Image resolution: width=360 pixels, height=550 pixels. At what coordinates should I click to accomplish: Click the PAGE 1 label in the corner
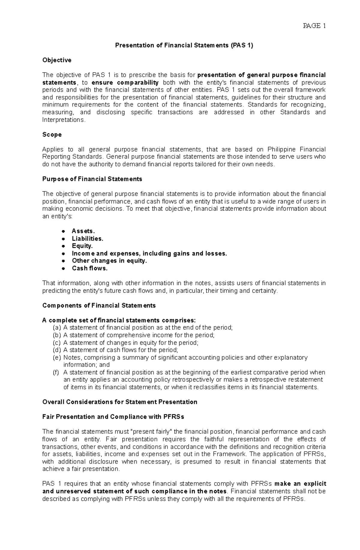coord(314,26)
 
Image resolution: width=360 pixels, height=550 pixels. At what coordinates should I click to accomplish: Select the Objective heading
coord(57,60)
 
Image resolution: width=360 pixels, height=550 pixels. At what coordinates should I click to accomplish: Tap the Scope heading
coord(52,135)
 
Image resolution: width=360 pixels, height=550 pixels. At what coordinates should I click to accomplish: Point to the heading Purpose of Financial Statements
coord(92,179)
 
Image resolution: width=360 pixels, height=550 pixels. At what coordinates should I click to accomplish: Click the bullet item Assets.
coord(83,231)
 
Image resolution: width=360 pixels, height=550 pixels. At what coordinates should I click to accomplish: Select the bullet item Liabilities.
coord(87,239)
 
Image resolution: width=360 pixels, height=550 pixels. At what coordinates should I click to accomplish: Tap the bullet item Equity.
coord(82,246)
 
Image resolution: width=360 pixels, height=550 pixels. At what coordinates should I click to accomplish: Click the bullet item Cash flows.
coord(89,268)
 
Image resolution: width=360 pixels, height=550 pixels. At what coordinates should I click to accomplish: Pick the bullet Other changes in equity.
coord(109,261)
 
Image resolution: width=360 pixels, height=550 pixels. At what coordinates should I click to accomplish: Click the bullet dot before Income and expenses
coord(63,254)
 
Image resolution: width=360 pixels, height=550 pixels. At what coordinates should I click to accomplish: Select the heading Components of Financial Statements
coord(99,305)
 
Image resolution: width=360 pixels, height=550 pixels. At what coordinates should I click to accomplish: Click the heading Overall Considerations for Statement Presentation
coord(120,402)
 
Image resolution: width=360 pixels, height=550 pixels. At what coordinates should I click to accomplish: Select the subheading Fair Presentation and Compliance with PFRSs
coord(113,417)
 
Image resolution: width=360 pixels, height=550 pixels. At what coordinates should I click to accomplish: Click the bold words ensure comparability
coord(125,83)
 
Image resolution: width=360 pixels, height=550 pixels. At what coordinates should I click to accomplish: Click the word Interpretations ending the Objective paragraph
coord(63,120)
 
